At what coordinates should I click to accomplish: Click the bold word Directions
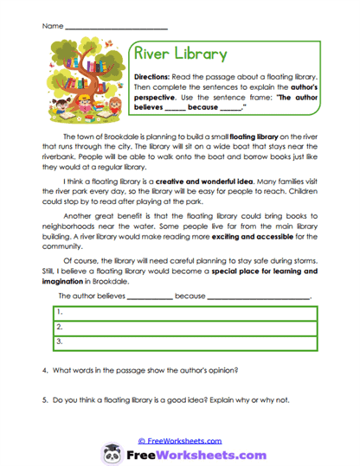157,77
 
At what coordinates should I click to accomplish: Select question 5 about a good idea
164,400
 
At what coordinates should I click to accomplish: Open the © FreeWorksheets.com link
179,440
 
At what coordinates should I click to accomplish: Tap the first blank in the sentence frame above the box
150,297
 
